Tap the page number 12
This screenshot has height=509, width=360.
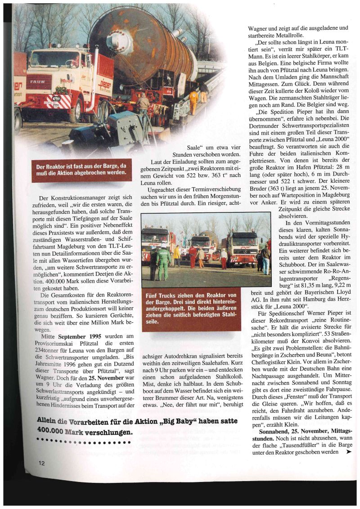[41, 463]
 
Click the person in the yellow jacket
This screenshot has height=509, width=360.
[176, 257]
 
